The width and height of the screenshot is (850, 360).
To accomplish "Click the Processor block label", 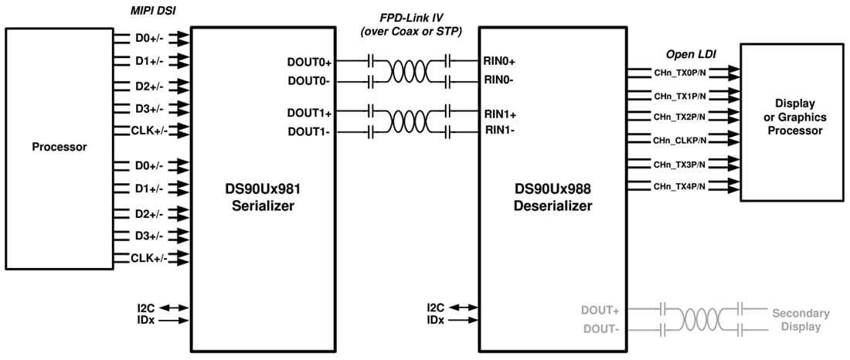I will tap(59, 147).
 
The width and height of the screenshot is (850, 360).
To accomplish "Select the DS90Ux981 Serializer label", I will tap(262, 198).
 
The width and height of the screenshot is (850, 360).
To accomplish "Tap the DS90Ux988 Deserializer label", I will tap(553, 198).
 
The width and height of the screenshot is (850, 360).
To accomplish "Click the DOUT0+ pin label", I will tap(310, 60).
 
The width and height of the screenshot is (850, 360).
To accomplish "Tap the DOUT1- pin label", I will tap(309, 131).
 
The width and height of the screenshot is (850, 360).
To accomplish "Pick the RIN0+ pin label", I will tap(501, 60).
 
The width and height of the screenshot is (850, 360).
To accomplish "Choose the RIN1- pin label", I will tap(500, 130).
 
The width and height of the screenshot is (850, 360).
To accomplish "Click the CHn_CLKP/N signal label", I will tap(679, 141).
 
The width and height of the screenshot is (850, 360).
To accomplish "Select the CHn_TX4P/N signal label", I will tap(679, 186).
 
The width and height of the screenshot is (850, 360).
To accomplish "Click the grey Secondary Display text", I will tap(801, 320).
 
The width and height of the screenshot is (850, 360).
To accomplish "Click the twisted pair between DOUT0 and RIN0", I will tap(410, 70).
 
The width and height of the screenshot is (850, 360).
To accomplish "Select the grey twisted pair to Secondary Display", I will tap(702, 320).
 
